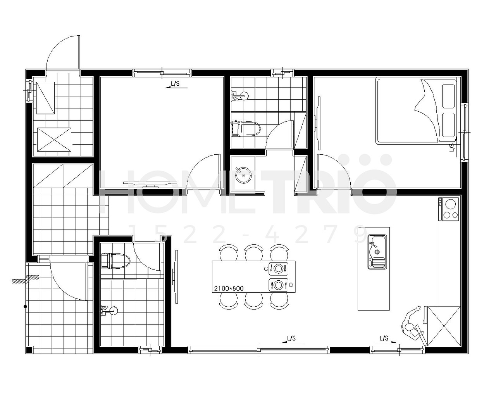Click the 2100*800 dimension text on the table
point(229,288)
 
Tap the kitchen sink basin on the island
point(377,251)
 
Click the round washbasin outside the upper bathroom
point(243,175)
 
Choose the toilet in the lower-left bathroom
point(115,261)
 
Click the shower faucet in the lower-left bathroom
point(109,311)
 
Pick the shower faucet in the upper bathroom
point(240,95)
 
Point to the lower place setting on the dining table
point(279,285)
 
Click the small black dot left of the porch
point(25,307)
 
